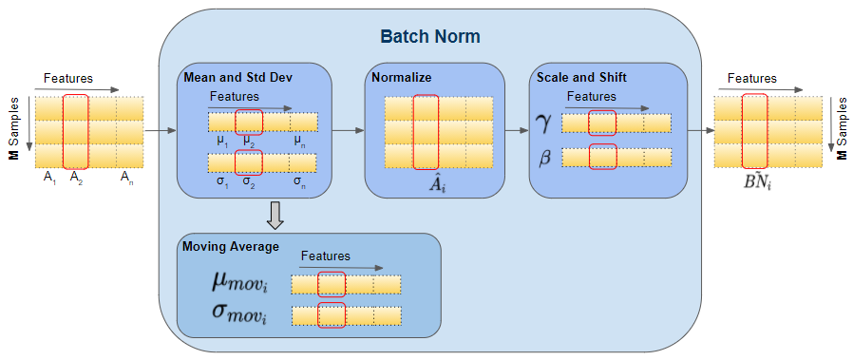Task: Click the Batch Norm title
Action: tap(430, 37)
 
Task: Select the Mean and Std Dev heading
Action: tap(232, 77)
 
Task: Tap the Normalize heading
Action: tap(402, 77)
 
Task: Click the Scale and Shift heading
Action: tap(580, 77)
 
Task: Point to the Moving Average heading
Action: tap(230, 247)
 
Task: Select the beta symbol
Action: tap(545, 158)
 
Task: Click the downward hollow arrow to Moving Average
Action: tap(275, 216)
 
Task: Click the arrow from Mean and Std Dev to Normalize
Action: tap(348, 130)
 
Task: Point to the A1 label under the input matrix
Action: tap(49, 177)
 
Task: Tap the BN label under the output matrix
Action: tap(756, 180)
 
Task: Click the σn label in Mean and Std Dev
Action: tap(300, 180)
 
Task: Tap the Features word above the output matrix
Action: tap(751, 79)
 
